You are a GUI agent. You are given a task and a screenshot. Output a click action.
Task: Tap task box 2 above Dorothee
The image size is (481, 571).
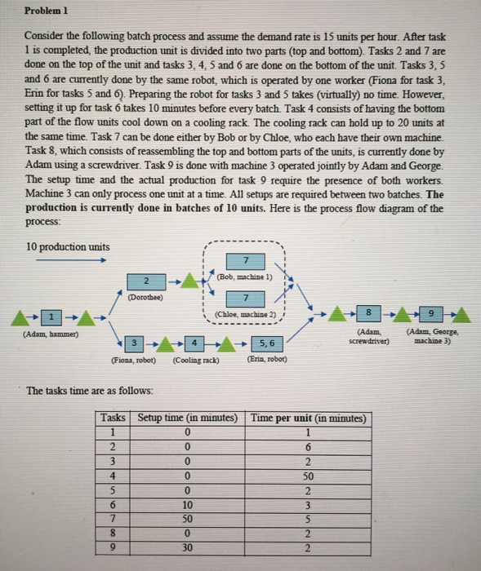143,281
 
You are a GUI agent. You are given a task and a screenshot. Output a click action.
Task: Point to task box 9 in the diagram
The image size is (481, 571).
433,313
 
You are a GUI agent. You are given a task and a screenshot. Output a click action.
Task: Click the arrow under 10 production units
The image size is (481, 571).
69,261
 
